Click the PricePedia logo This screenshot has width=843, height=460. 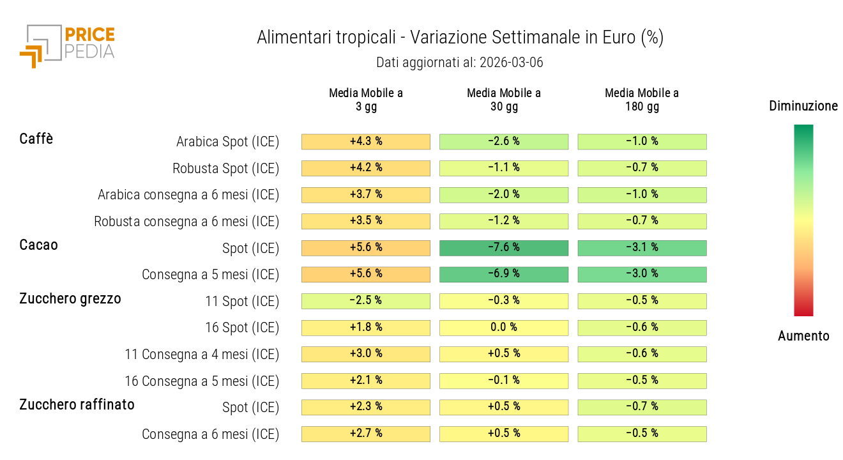pyautogui.click(x=67, y=45)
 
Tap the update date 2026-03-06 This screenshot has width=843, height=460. pyautogui.click(x=511, y=63)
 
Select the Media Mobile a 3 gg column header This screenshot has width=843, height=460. pyautogui.click(x=366, y=100)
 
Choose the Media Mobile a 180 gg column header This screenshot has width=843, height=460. pyautogui.click(x=642, y=100)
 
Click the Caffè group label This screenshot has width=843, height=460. pyautogui.click(x=36, y=139)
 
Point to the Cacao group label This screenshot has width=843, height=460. pyautogui.click(x=38, y=245)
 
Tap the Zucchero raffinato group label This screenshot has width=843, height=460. pyautogui.click(x=77, y=404)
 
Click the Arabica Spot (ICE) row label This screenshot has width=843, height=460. pyautogui.click(x=227, y=142)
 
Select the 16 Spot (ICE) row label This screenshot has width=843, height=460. pyautogui.click(x=242, y=328)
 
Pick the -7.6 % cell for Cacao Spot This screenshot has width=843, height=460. pyautogui.click(x=504, y=248)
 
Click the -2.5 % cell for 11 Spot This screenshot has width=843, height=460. pyautogui.click(x=366, y=301)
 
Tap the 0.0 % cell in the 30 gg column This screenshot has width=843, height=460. pyautogui.click(x=504, y=328)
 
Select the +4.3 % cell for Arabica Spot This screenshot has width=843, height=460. pyautogui.click(x=366, y=142)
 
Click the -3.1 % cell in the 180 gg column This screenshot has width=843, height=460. pyautogui.click(x=642, y=248)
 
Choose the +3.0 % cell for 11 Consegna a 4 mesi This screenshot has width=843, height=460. pyautogui.click(x=366, y=354)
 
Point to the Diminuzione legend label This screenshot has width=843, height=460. pyautogui.click(x=803, y=106)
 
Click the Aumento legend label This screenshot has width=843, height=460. pyautogui.click(x=803, y=336)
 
